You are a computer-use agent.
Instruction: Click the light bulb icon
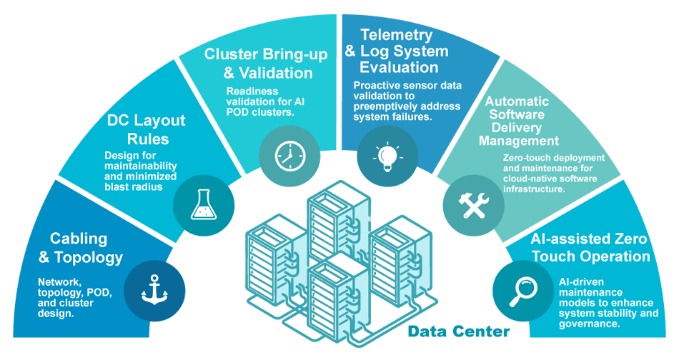pos(387,154)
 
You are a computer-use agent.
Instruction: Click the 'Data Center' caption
pos(459,331)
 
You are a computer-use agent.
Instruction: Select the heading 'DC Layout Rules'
pos(146,129)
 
